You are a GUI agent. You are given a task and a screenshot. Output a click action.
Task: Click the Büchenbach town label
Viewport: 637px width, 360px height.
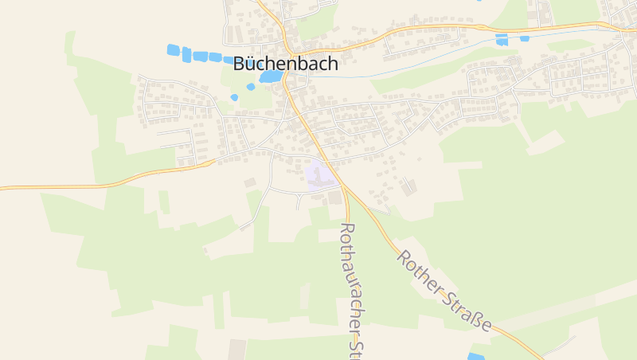pos(285,65)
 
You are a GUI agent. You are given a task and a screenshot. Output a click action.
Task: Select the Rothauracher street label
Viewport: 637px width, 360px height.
pos(350,279)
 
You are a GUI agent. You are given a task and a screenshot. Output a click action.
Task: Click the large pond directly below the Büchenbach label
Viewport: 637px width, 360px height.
pos(270,76)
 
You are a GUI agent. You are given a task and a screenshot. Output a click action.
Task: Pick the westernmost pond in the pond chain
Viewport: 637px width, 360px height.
pos(173,50)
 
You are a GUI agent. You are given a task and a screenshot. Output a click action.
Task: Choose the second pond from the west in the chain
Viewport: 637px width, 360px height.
pos(186,54)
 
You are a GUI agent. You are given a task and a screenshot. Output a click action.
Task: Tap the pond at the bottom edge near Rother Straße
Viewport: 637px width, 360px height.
pos(475,356)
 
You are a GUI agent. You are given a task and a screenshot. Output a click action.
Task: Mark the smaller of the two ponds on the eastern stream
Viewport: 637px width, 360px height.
pos(524,38)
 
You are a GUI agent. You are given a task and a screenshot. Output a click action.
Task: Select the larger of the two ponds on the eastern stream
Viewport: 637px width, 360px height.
pos(502,39)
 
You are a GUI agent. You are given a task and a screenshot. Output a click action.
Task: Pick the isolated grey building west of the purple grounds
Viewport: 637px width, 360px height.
pos(250,183)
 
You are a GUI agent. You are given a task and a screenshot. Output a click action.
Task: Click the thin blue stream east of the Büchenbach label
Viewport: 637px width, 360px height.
pos(358,76)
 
